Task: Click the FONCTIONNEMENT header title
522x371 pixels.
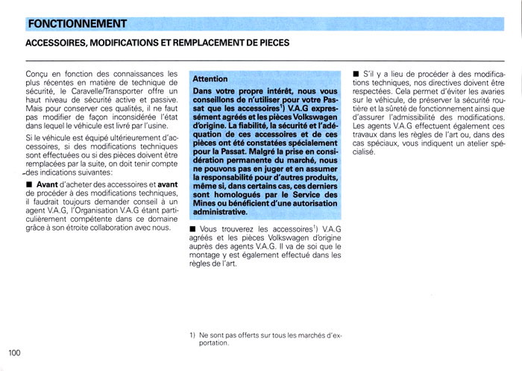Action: (77, 25)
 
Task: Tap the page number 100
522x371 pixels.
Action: (14, 352)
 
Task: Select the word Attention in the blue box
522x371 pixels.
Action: (210, 78)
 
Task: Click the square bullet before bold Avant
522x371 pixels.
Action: (28, 185)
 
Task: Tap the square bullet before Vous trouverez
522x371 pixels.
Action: (193, 228)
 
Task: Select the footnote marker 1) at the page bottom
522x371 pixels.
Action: (192, 335)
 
